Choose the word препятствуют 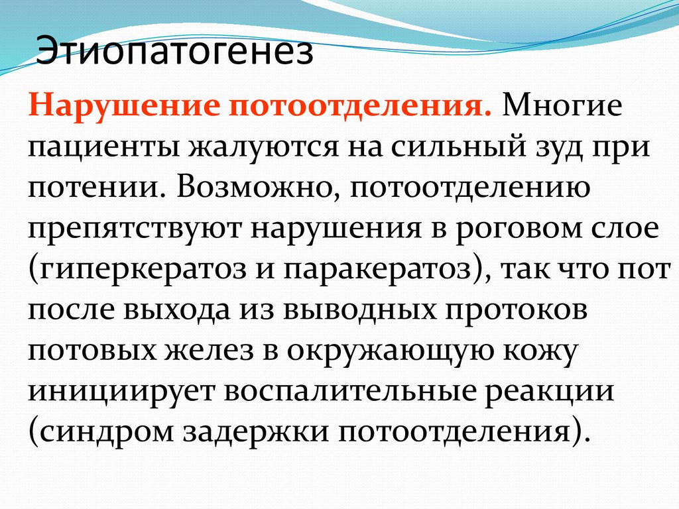click(133, 230)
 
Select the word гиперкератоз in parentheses click(149, 270)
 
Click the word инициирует click(120, 392)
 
